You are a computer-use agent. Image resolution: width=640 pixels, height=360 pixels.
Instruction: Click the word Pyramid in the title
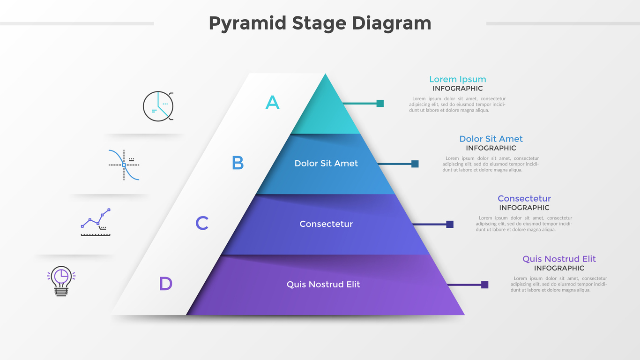click(247, 23)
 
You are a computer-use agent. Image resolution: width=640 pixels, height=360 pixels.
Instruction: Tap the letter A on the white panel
click(272, 102)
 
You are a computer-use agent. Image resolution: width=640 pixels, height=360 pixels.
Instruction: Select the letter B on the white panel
click(238, 163)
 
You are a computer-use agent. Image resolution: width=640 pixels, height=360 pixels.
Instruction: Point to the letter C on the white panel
click(202, 223)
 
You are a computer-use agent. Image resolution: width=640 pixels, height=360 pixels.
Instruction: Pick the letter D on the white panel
click(166, 284)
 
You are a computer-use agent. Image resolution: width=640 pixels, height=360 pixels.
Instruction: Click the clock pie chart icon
click(158, 106)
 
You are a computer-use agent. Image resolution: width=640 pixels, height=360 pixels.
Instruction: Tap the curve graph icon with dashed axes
click(124, 165)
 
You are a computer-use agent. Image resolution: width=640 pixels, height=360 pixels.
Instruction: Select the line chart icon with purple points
click(96, 222)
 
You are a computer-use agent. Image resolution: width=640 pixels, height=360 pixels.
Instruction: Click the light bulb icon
click(61, 281)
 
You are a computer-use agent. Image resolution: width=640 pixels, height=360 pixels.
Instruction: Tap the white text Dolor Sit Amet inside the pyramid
click(326, 163)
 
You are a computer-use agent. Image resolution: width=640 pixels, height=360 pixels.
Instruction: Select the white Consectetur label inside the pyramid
click(326, 224)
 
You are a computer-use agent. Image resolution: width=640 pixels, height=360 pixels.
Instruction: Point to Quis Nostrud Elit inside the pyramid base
click(323, 285)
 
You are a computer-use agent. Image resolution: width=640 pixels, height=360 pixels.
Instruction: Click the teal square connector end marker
click(380, 104)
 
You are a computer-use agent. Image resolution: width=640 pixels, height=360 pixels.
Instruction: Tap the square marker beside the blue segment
click(415, 164)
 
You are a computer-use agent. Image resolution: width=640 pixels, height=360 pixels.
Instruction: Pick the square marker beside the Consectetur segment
click(450, 225)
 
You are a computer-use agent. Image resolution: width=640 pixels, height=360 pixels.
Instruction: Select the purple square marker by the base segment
click(484, 285)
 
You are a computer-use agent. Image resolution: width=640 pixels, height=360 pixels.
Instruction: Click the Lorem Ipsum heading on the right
click(457, 79)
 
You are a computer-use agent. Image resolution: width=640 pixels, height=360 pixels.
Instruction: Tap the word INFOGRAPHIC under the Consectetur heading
click(524, 208)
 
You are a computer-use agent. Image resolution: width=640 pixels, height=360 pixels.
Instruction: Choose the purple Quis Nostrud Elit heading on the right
click(559, 259)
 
